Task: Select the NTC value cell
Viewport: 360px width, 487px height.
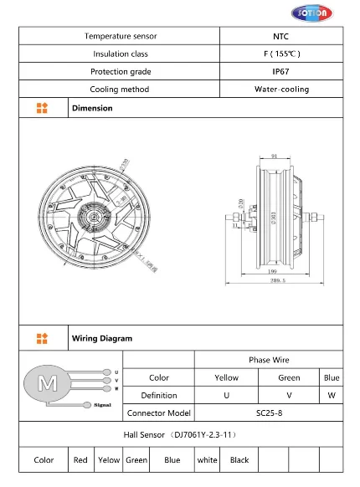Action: tap(281, 36)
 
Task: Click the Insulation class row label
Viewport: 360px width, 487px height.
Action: tap(120, 54)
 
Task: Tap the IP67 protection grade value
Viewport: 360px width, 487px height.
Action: tap(281, 71)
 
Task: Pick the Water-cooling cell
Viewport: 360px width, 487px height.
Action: tap(281, 89)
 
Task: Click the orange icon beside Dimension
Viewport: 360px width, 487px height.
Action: tap(43, 108)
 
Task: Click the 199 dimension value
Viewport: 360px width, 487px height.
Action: tap(274, 272)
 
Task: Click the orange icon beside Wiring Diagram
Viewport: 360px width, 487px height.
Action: tap(43, 338)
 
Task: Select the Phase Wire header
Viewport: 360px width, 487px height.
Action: tap(268, 359)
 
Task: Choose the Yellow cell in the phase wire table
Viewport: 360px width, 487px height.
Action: tap(225, 377)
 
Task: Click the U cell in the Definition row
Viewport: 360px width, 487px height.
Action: tap(225, 395)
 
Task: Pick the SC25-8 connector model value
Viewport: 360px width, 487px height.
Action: tap(268, 413)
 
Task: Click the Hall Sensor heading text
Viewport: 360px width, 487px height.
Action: tap(180, 434)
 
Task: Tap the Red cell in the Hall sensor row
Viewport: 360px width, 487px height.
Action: tap(80, 459)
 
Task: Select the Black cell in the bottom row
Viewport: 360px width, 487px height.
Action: tap(239, 459)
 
